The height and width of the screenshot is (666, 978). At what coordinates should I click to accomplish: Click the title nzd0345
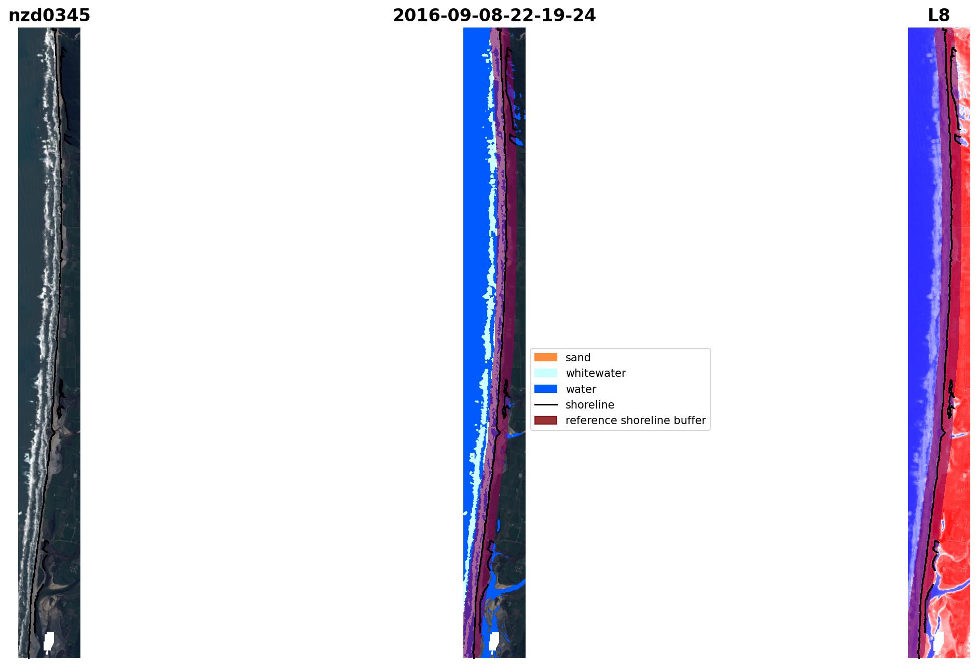click(49, 16)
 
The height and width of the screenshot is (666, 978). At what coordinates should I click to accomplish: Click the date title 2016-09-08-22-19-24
click(494, 16)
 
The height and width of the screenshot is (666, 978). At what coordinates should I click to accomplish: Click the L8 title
click(939, 16)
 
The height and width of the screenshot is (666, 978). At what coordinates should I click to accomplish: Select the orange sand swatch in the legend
click(546, 357)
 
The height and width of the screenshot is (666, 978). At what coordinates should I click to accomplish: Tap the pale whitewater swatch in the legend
click(546, 373)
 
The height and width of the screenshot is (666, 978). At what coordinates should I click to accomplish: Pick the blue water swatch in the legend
click(546, 389)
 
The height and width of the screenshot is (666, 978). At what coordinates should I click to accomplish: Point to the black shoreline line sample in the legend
click(546, 405)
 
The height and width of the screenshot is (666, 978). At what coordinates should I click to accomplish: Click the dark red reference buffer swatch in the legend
click(546, 420)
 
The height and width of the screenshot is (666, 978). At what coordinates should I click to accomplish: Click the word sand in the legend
click(578, 358)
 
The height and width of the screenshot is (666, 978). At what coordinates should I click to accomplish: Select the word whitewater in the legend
click(596, 373)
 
